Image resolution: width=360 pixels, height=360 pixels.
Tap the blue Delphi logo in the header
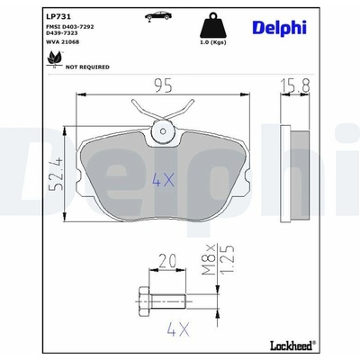tap(279, 29)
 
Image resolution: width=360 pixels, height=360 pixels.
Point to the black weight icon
tap(213, 25)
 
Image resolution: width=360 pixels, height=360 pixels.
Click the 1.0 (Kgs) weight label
tap(213, 42)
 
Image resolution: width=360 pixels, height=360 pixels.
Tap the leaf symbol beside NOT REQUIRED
tap(55, 58)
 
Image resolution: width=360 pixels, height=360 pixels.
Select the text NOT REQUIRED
tap(87, 67)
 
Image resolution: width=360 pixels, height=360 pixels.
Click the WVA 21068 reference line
tap(62, 42)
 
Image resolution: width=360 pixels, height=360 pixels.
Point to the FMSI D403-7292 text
tap(70, 27)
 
